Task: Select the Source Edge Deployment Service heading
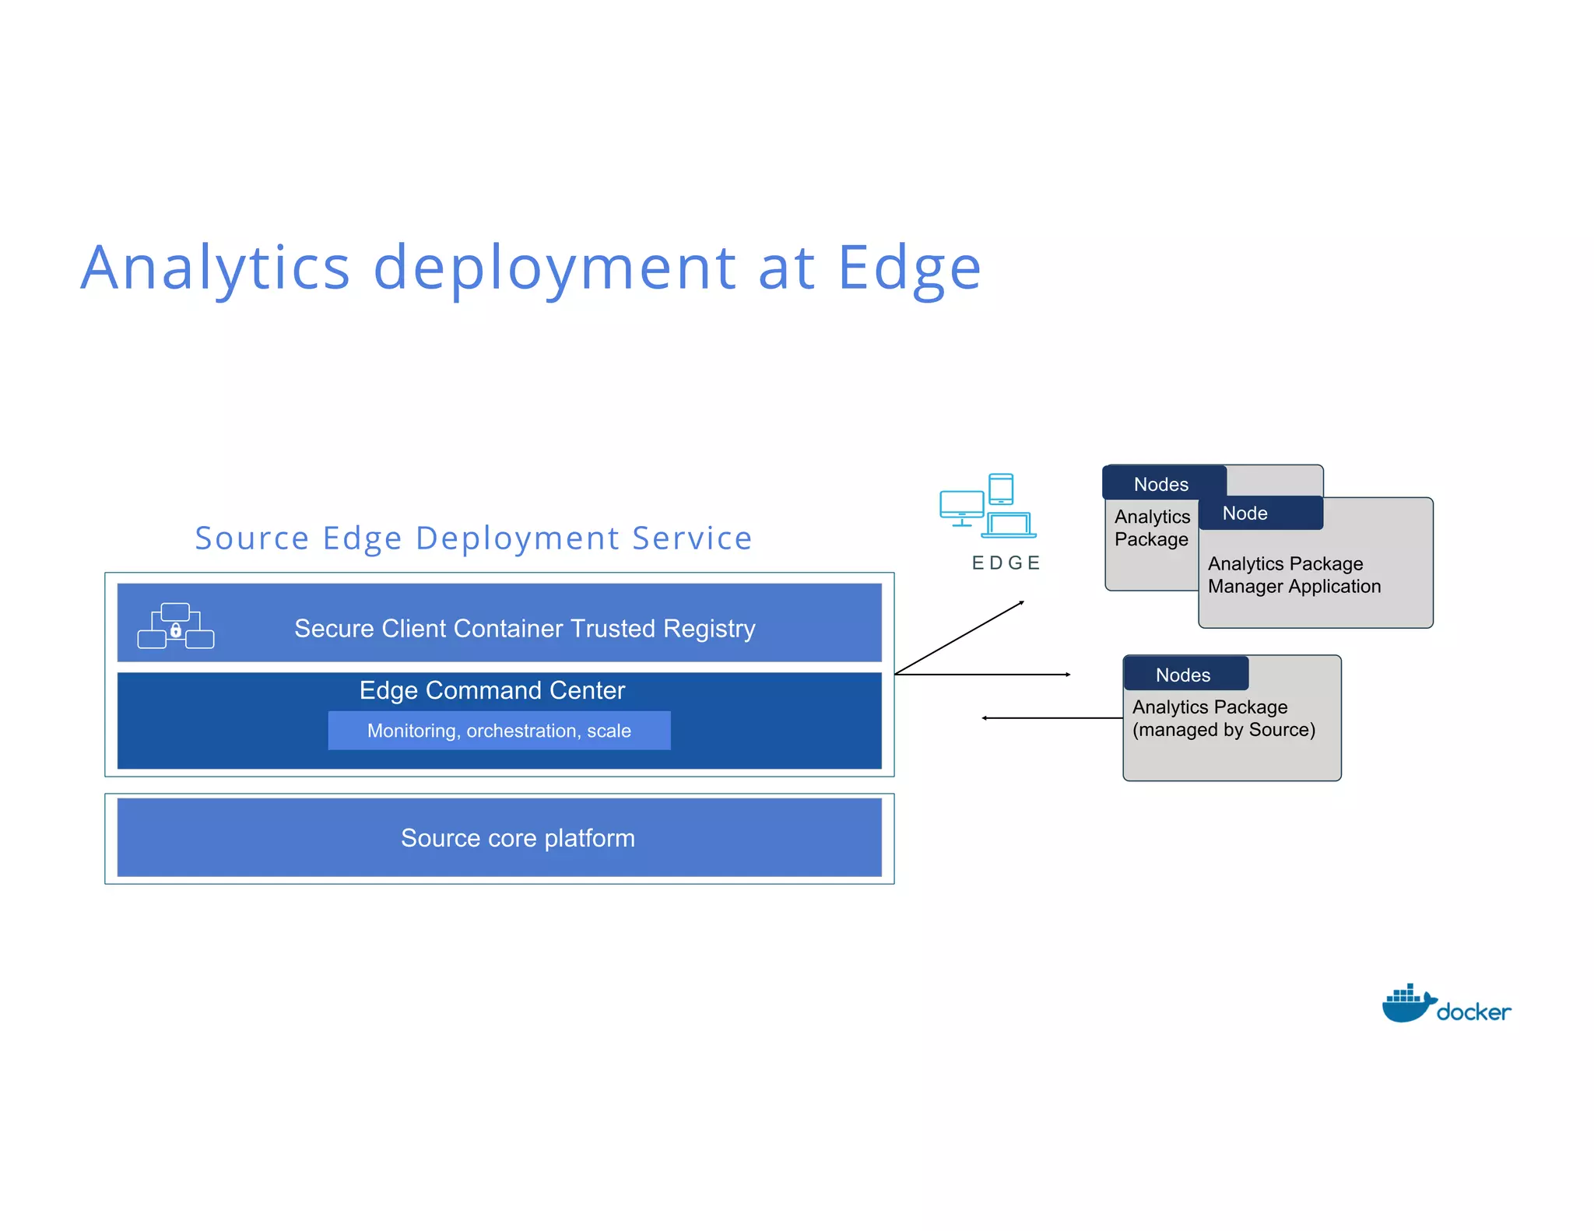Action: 473,538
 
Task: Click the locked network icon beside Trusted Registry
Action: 176,626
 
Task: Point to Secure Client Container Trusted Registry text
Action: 525,629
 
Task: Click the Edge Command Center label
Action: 492,690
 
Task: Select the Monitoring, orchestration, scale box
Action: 499,731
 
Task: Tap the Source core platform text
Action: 518,838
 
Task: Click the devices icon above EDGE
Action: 988,506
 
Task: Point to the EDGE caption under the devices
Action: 1006,563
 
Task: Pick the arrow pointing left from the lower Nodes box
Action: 1051,717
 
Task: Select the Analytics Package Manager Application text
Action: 1294,575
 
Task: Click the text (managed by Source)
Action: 1224,730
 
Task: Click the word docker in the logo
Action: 1473,1012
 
